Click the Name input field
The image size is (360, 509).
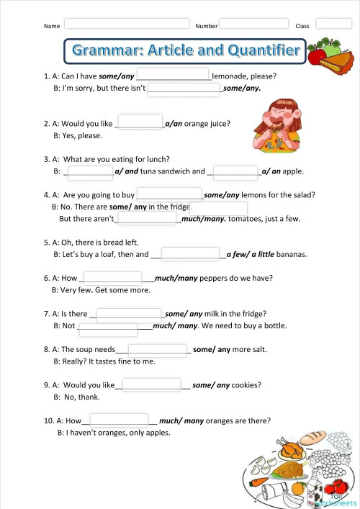tap(126, 24)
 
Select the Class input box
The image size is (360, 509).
tap(333, 24)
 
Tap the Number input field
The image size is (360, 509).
tap(253, 24)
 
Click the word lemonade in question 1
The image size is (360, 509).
tap(229, 76)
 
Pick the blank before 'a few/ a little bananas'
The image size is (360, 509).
tap(190, 253)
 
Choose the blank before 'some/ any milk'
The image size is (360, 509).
tap(129, 313)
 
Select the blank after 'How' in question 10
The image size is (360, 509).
tap(119, 420)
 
